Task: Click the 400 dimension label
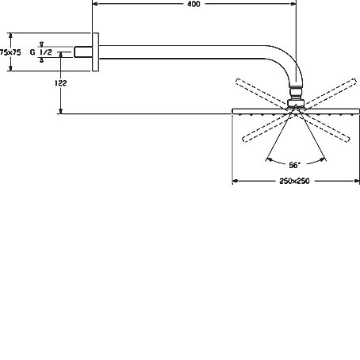[x=193, y=4]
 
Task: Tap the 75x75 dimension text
[x=10, y=52]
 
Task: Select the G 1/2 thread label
[x=41, y=52]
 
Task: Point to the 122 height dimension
[x=61, y=83]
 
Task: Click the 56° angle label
[x=294, y=165]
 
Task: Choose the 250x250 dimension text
[x=294, y=181]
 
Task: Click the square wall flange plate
[x=95, y=52]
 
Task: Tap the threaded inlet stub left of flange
[x=83, y=52]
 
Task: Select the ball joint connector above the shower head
[x=296, y=97]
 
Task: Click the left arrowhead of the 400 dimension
[x=95, y=4]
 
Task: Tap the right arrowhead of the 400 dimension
[x=293, y=4]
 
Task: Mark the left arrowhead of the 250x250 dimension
[x=236, y=181]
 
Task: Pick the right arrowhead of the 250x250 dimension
[x=357, y=181]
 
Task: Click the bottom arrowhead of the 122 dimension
[x=61, y=111]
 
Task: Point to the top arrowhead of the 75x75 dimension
[x=10, y=36]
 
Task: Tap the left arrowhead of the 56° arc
[x=269, y=159]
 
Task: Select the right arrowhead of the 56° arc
[x=323, y=159]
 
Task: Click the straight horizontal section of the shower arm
[x=182, y=52]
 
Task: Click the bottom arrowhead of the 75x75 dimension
[x=10, y=68]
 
